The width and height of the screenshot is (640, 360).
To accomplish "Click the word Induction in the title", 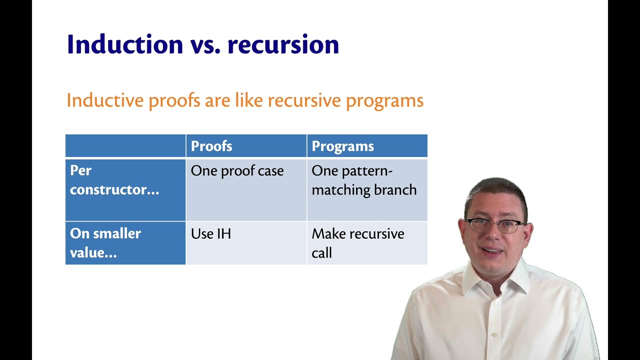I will pyautogui.click(x=125, y=44).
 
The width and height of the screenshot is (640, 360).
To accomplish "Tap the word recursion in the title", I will pyautogui.click(x=283, y=44).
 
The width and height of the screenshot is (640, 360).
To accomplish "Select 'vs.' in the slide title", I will pyautogui.click(x=205, y=44).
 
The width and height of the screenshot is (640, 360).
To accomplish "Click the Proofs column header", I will pyautogui.click(x=211, y=146).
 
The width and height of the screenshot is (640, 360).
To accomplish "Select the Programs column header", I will pyautogui.click(x=342, y=146).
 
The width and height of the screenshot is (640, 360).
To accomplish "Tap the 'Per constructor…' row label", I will pyautogui.click(x=114, y=180).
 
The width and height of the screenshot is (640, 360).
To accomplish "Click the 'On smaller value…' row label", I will pyautogui.click(x=105, y=243).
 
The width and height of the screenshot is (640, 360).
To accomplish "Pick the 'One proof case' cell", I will pyautogui.click(x=237, y=171).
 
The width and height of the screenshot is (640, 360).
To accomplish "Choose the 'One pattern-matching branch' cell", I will pyautogui.click(x=364, y=180).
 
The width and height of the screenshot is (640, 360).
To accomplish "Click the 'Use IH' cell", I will pyautogui.click(x=210, y=234).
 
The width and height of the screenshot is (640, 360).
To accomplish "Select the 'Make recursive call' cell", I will pyautogui.click(x=357, y=243).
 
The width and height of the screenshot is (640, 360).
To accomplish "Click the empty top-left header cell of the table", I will pyautogui.click(x=125, y=146).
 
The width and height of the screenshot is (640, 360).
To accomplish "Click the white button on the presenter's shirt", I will pyautogui.click(x=494, y=334).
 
